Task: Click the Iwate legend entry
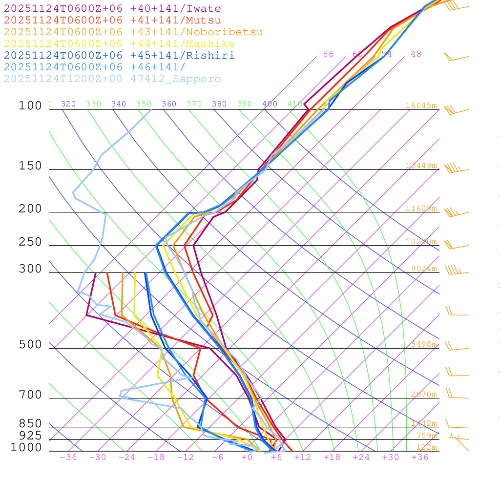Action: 112,9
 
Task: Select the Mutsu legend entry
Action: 112,21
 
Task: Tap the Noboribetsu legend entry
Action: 133,32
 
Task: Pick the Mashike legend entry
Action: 119,44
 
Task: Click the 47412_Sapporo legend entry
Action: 112,79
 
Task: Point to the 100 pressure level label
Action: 30,105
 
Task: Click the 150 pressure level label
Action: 30,166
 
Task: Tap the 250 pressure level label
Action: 30,242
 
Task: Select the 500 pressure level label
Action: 30,345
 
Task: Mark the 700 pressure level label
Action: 30,395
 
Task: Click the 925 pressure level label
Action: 30,436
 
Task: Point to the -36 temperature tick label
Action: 68,457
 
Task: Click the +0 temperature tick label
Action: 247,457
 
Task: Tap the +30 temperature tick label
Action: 391,457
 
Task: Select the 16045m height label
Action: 421,105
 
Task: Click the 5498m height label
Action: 423,344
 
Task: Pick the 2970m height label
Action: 423,395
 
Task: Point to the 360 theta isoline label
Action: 169,104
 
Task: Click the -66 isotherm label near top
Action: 325,54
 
